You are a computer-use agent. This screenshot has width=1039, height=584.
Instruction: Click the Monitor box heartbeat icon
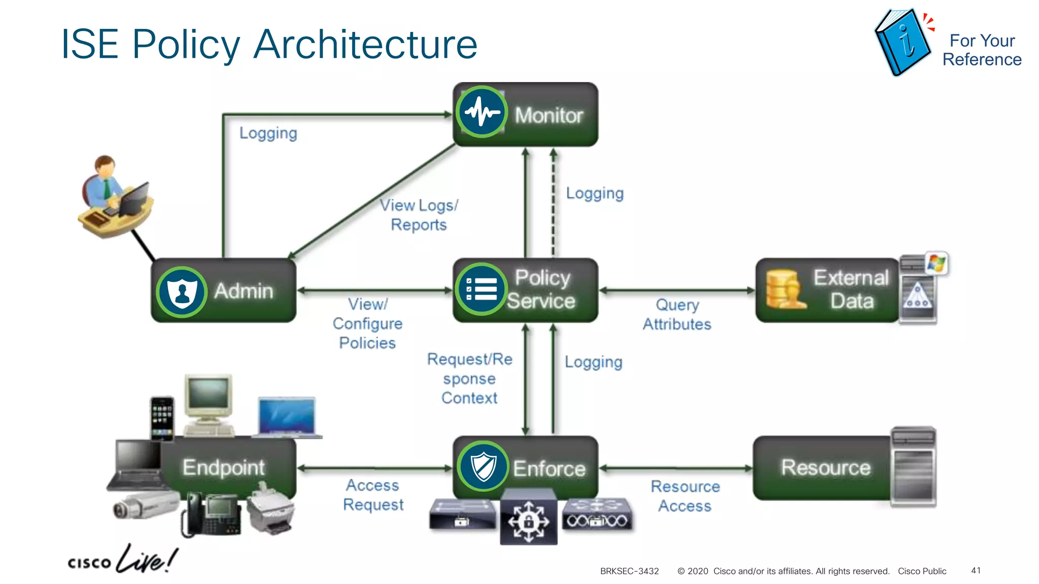pos(481,112)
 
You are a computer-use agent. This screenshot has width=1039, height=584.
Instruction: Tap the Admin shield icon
pos(182,292)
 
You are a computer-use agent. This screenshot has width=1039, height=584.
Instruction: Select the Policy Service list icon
pos(481,289)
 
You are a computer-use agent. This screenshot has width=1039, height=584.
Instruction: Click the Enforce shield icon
pos(483,466)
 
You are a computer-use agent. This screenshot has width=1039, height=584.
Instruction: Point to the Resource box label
pos(825,467)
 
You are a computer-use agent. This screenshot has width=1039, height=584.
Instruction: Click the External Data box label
pos(851,289)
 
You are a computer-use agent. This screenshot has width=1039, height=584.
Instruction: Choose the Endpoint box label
pos(224,467)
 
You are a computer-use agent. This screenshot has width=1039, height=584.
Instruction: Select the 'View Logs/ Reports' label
pos(419,215)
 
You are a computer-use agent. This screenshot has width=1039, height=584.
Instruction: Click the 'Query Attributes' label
pos(677,314)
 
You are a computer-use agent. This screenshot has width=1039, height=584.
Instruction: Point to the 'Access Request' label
pos(373,495)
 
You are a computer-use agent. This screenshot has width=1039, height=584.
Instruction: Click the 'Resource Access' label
pos(685,496)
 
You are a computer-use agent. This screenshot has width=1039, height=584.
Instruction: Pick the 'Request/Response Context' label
pos(470,378)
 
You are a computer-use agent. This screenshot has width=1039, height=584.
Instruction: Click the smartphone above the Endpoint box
pos(162,418)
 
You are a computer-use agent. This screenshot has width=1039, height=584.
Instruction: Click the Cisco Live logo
pos(122,560)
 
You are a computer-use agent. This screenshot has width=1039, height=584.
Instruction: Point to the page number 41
pos(976,570)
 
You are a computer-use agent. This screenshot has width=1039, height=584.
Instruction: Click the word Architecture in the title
pos(365,45)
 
